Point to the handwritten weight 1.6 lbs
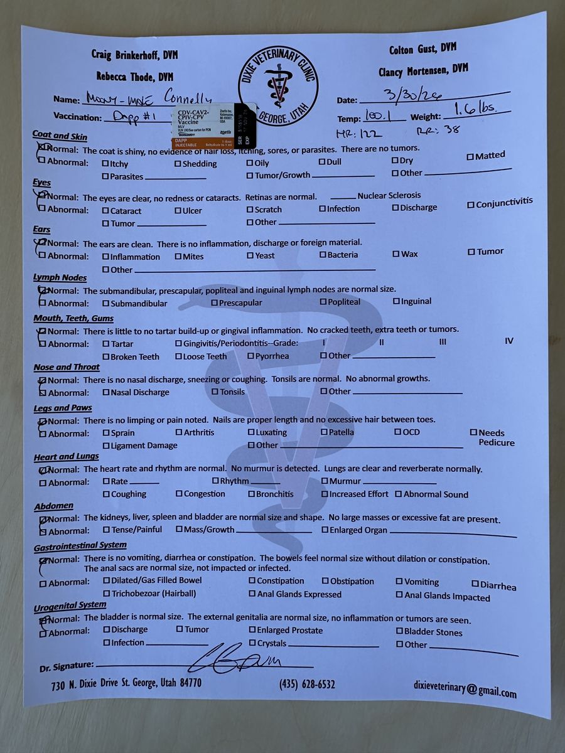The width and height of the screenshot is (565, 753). (x=475, y=111)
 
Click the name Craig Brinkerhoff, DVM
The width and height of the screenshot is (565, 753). (x=134, y=55)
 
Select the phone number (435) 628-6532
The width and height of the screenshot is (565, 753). (x=307, y=684)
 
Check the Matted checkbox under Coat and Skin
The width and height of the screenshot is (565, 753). (x=470, y=157)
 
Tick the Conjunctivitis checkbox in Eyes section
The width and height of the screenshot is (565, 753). (x=471, y=205)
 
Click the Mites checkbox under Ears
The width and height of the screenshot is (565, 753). (x=178, y=256)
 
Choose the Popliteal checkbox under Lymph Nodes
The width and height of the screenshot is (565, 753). (x=323, y=302)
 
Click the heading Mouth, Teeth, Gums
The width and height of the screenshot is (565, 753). (x=73, y=318)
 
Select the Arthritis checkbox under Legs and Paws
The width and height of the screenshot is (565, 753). (x=179, y=432)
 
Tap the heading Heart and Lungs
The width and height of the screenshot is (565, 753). (x=66, y=457)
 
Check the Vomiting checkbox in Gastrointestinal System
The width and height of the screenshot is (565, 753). (x=399, y=582)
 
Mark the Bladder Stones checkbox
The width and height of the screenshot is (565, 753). (x=399, y=632)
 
